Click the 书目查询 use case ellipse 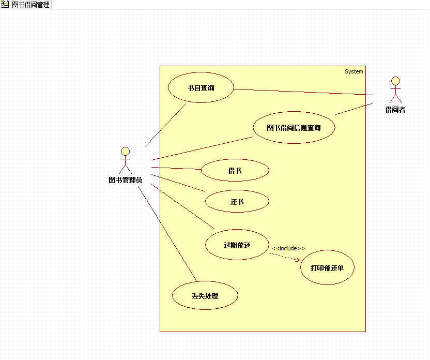pos(201,88)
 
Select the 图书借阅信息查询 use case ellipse pos(294,128)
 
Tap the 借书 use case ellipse pos(235,171)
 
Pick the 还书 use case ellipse pos(237,202)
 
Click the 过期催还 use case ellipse pos(237,245)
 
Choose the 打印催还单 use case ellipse pos(327,268)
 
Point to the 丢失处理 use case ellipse pos(205,296)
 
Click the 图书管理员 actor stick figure pos(125,160)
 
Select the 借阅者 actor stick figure pos(395,90)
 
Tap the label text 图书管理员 pos(125,180)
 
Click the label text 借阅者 pos(395,110)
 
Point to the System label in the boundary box pos(354,71)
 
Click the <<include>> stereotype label pos(288,248)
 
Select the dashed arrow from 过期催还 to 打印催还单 pos(285,257)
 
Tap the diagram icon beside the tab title pos(5,5)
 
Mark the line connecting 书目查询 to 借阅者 pos(305,92)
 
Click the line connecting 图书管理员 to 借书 pos(176,168)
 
